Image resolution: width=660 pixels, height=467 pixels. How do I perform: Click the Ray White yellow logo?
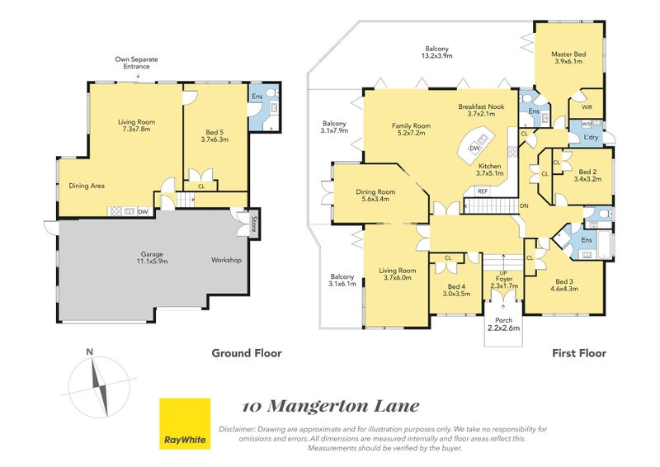tap(185, 423)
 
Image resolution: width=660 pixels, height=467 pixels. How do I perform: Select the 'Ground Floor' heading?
tap(247, 353)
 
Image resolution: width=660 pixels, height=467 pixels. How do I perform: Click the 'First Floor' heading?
tap(579, 353)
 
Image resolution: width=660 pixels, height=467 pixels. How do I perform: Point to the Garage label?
tap(152, 257)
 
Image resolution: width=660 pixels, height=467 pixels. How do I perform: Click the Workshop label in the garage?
tap(226, 260)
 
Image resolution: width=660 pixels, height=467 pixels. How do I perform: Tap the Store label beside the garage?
tap(254, 224)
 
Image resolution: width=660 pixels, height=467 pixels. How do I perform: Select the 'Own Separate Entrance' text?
tap(137, 63)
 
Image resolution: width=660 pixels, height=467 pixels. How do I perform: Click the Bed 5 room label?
tap(214, 135)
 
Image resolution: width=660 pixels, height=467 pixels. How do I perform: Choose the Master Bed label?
tap(568, 57)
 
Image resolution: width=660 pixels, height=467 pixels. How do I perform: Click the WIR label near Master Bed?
tap(587, 107)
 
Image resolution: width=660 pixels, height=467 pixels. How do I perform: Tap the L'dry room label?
tap(591, 137)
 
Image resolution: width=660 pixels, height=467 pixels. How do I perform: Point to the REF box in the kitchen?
tap(483, 191)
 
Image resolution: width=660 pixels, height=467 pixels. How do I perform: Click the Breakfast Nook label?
tap(481, 110)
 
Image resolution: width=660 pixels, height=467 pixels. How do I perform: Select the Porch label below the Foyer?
tap(503, 323)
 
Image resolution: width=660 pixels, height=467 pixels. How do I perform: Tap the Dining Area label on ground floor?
tap(87, 186)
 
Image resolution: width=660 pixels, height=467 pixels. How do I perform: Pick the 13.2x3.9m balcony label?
tap(437, 52)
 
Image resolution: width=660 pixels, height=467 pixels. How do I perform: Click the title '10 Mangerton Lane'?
tap(331, 406)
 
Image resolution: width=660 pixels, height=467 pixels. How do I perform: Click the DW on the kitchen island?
tap(475, 149)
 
